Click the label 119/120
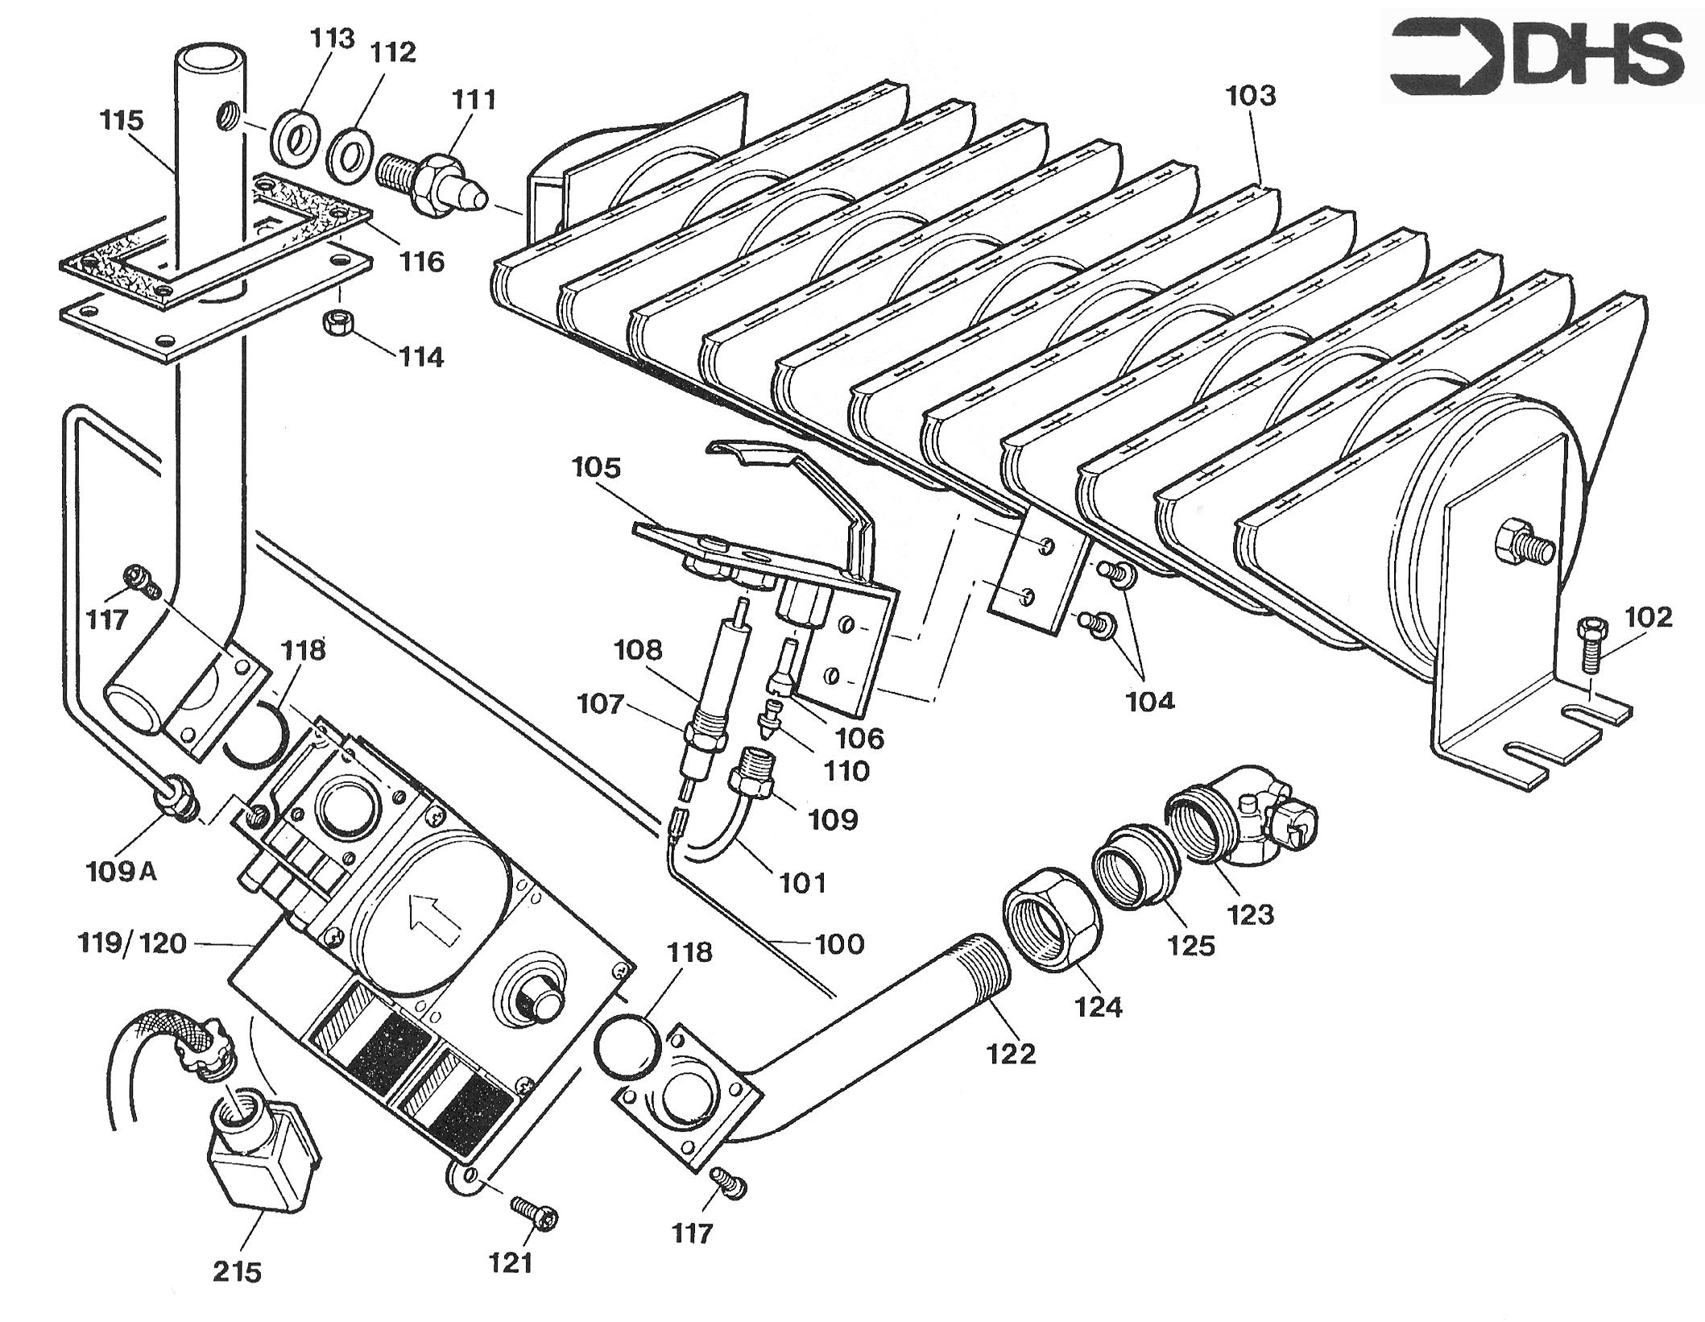point(132,943)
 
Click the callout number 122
point(1012,1054)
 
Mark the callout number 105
point(597,467)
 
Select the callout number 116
point(422,261)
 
